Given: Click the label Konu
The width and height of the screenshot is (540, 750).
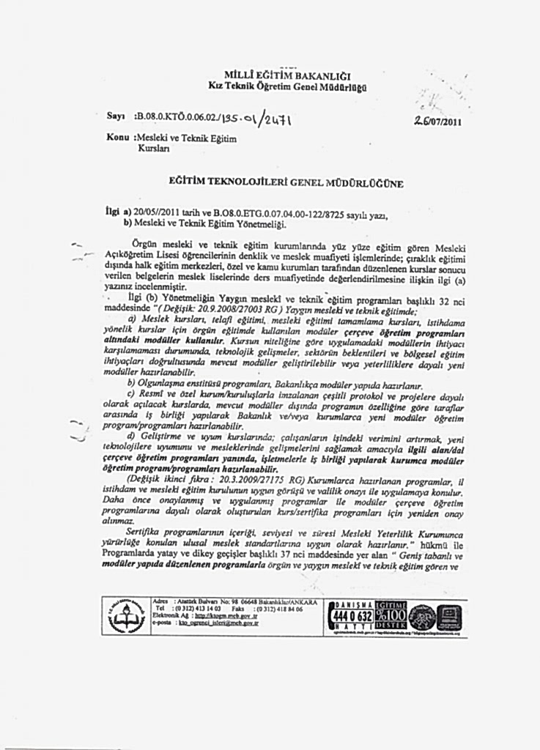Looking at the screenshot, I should pos(119,138).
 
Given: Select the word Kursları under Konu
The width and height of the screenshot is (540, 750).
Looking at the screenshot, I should pos(154,148).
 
